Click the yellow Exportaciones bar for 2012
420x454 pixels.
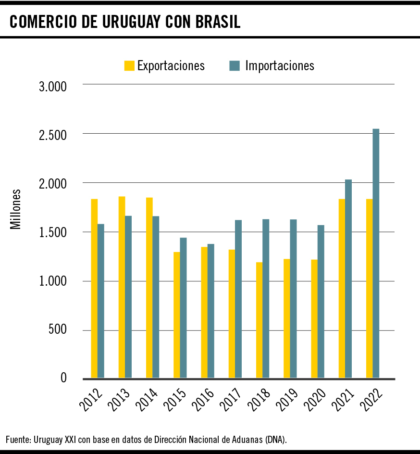[x=94, y=289]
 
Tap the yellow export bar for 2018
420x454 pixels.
[x=259, y=320]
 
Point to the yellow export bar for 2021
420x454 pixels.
[x=342, y=289]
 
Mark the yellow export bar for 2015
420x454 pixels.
[x=177, y=315]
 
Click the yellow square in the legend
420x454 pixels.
[x=129, y=65]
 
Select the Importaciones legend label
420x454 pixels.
[x=280, y=65]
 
